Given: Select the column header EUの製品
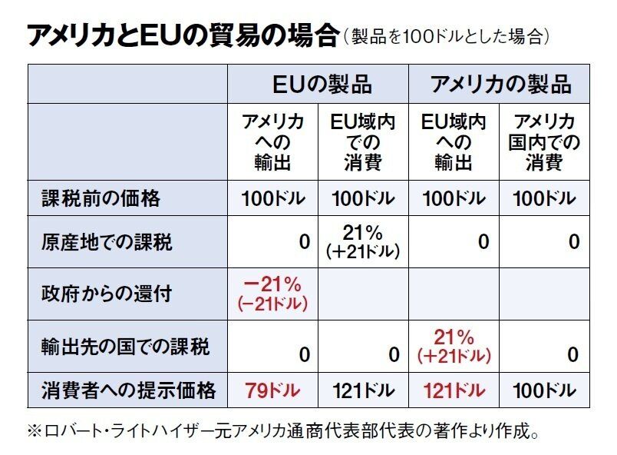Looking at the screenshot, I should tap(317, 84).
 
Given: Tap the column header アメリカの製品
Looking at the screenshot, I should tap(500, 84).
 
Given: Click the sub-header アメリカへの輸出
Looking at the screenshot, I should tap(273, 142).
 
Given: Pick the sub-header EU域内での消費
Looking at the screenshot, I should tap(362, 142).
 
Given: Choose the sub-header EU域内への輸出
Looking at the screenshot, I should tap(454, 142).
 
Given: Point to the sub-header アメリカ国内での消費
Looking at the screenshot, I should tap(544, 142).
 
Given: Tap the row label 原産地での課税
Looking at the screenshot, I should tap(107, 241).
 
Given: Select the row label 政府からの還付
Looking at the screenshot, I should tap(107, 294).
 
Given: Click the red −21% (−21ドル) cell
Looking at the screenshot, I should tap(273, 294).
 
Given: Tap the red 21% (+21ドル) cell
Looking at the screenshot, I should tap(454, 346).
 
